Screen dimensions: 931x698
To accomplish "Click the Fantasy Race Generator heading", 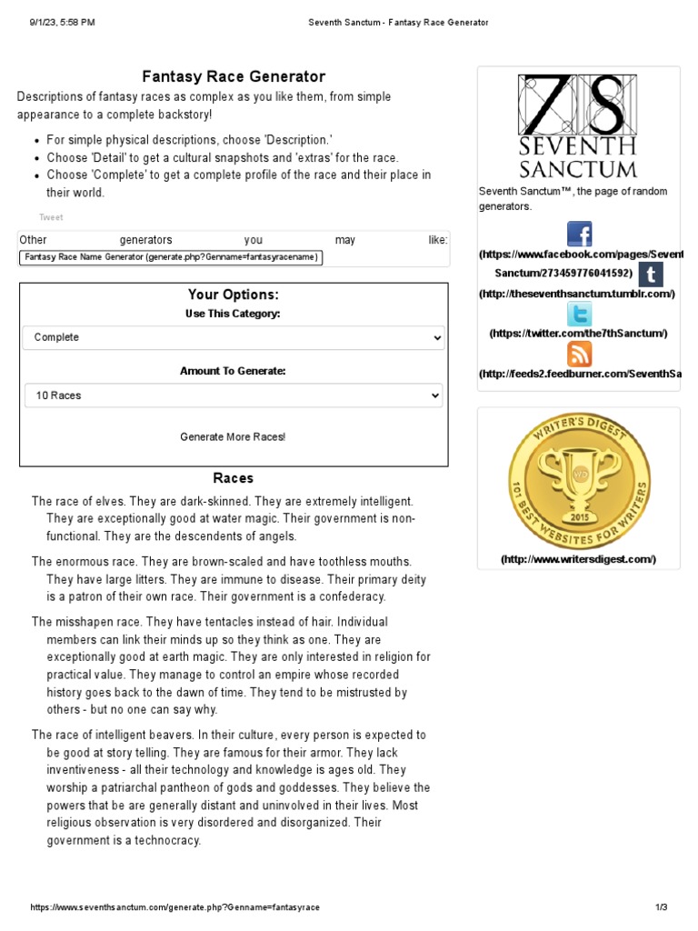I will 234,77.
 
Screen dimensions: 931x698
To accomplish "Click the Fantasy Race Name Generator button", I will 171,257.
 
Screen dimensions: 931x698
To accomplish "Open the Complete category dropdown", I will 234,337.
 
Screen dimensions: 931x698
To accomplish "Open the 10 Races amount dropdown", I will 234,395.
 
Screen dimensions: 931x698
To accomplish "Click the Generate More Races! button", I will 233,437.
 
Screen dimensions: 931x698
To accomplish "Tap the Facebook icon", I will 579,235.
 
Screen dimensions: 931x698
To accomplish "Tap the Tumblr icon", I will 650,275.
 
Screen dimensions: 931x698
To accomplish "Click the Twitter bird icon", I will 579,315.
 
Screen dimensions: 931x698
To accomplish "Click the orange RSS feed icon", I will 579,354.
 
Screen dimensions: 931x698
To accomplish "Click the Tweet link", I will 51,217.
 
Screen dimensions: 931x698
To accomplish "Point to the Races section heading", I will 234,478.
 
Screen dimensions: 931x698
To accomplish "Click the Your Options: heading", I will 234,295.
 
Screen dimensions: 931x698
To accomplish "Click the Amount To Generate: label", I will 233,371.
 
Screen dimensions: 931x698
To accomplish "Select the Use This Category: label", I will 233,314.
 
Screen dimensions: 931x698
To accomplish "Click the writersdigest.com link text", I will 578,559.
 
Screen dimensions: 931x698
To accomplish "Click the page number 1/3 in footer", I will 661,907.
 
